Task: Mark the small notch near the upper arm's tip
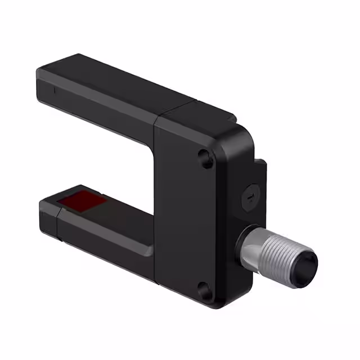(55, 89)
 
